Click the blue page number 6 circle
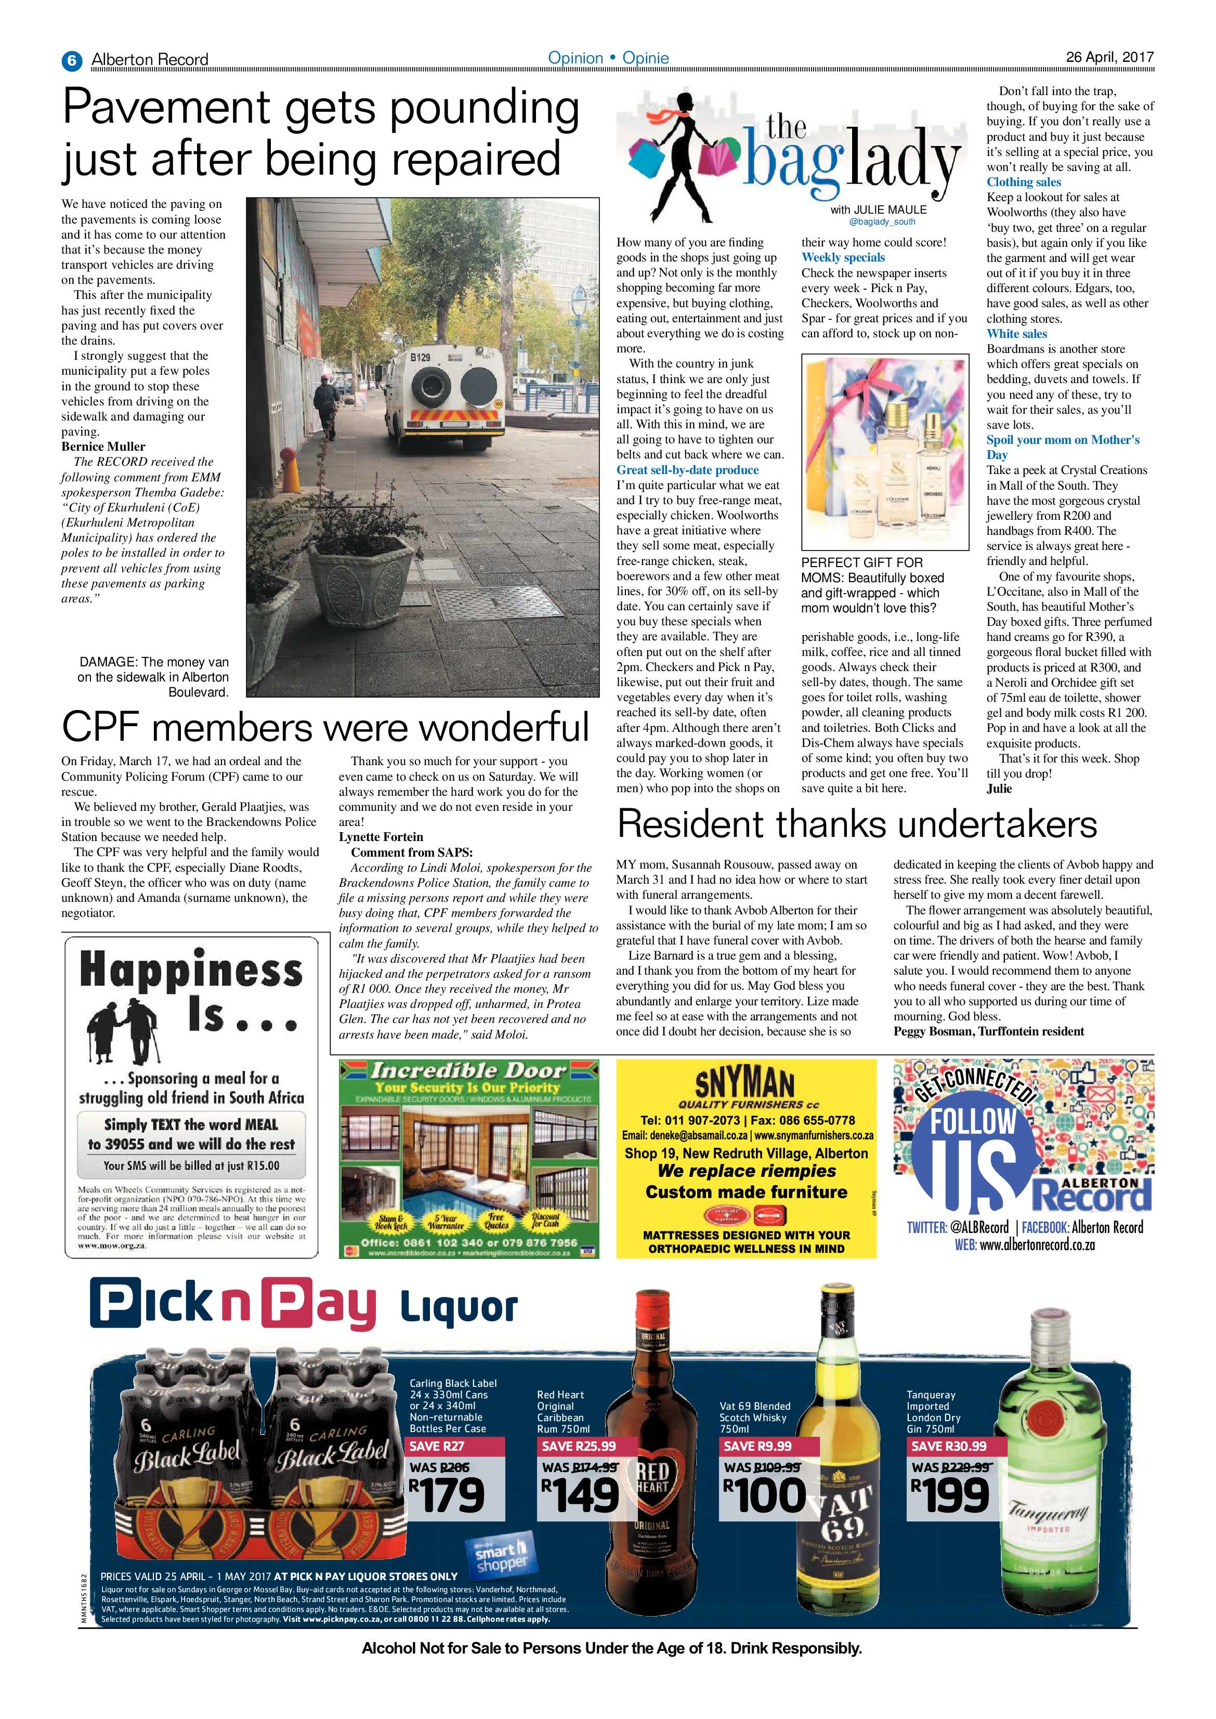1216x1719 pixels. point(71,60)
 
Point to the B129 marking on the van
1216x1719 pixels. point(420,358)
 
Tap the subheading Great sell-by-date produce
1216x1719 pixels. point(687,470)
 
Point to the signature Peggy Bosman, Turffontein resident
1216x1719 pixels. point(988,1032)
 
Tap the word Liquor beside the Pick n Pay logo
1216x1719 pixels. point(458,1308)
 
